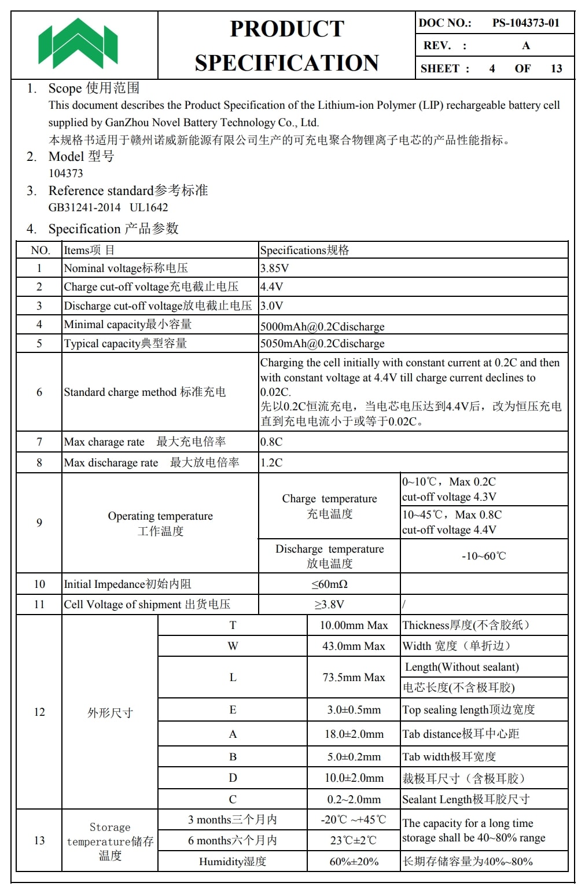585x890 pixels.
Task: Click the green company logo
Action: coord(78,43)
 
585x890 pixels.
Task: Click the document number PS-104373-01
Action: coord(525,23)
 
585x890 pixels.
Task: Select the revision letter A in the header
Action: coord(526,46)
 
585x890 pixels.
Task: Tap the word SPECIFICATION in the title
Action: coord(286,63)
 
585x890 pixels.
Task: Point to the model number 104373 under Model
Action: coord(66,174)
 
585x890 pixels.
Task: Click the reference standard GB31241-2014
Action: coord(84,208)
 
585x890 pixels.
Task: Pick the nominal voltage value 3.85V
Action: coord(274,269)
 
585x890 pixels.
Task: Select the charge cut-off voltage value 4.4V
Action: coord(271,287)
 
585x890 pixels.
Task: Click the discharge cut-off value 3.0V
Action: coord(271,306)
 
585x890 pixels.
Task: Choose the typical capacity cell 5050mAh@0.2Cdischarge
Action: coord(322,344)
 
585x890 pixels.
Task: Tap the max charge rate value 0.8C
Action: coord(271,442)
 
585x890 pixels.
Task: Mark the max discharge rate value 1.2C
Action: coord(271,463)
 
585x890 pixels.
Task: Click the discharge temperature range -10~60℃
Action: coord(484,556)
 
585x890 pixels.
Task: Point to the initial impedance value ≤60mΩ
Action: coord(329,584)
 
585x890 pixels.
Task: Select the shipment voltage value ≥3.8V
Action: coord(329,605)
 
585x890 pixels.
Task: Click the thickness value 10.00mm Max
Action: coord(354,626)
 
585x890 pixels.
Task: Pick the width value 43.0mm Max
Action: coord(354,646)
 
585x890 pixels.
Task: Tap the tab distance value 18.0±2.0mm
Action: coord(354,734)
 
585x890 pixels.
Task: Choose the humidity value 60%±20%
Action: coord(354,862)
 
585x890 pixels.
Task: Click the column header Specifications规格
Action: coord(304,251)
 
